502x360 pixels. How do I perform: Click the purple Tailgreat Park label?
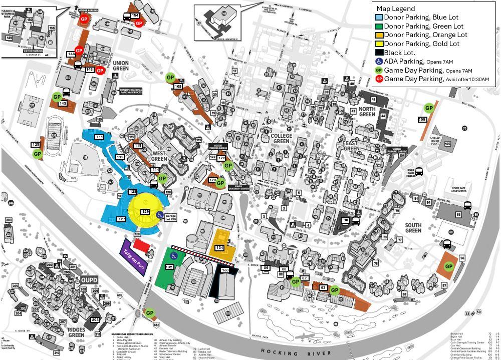133,257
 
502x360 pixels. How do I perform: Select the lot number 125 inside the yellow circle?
145,212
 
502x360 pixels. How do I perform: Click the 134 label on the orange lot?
219,248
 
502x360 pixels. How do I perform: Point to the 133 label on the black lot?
225,270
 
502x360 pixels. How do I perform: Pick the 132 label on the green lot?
169,267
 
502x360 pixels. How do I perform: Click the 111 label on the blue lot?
99,137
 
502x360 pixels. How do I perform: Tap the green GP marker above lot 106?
429,108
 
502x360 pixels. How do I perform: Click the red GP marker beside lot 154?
139,23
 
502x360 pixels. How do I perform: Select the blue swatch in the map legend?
379,18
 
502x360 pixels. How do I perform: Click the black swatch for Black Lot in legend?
379,53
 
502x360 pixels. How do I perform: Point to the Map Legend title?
395,9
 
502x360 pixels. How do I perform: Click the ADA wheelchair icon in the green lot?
174,256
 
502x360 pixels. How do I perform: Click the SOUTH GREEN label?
413,228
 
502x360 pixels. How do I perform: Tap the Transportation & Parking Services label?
130,91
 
